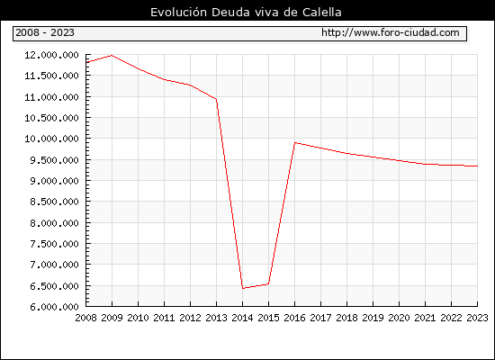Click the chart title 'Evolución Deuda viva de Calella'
click(246, 13)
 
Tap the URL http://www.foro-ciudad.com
click(391, 32)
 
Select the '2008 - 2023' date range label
click(45, 32)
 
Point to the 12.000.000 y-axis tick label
click(51, 55)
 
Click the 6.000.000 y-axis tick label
click(54, 307)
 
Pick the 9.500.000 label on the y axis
click(54, 160)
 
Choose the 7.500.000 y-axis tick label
click(54, 244)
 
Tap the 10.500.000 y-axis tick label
click(51, 118)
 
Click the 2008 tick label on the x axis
click(85, 318)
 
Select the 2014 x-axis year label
click(242, 318)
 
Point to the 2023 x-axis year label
click(477, 318)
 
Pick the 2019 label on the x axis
click(373, 318)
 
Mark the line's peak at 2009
click(112, 56)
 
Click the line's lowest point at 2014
click(242, 288)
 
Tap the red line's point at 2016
click(295, 143)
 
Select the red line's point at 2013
click(216, 99)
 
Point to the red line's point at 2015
click(269, 283)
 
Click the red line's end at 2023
click(477, 166)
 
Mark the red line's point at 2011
click(164, 79)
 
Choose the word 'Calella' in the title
click(322, 13)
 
